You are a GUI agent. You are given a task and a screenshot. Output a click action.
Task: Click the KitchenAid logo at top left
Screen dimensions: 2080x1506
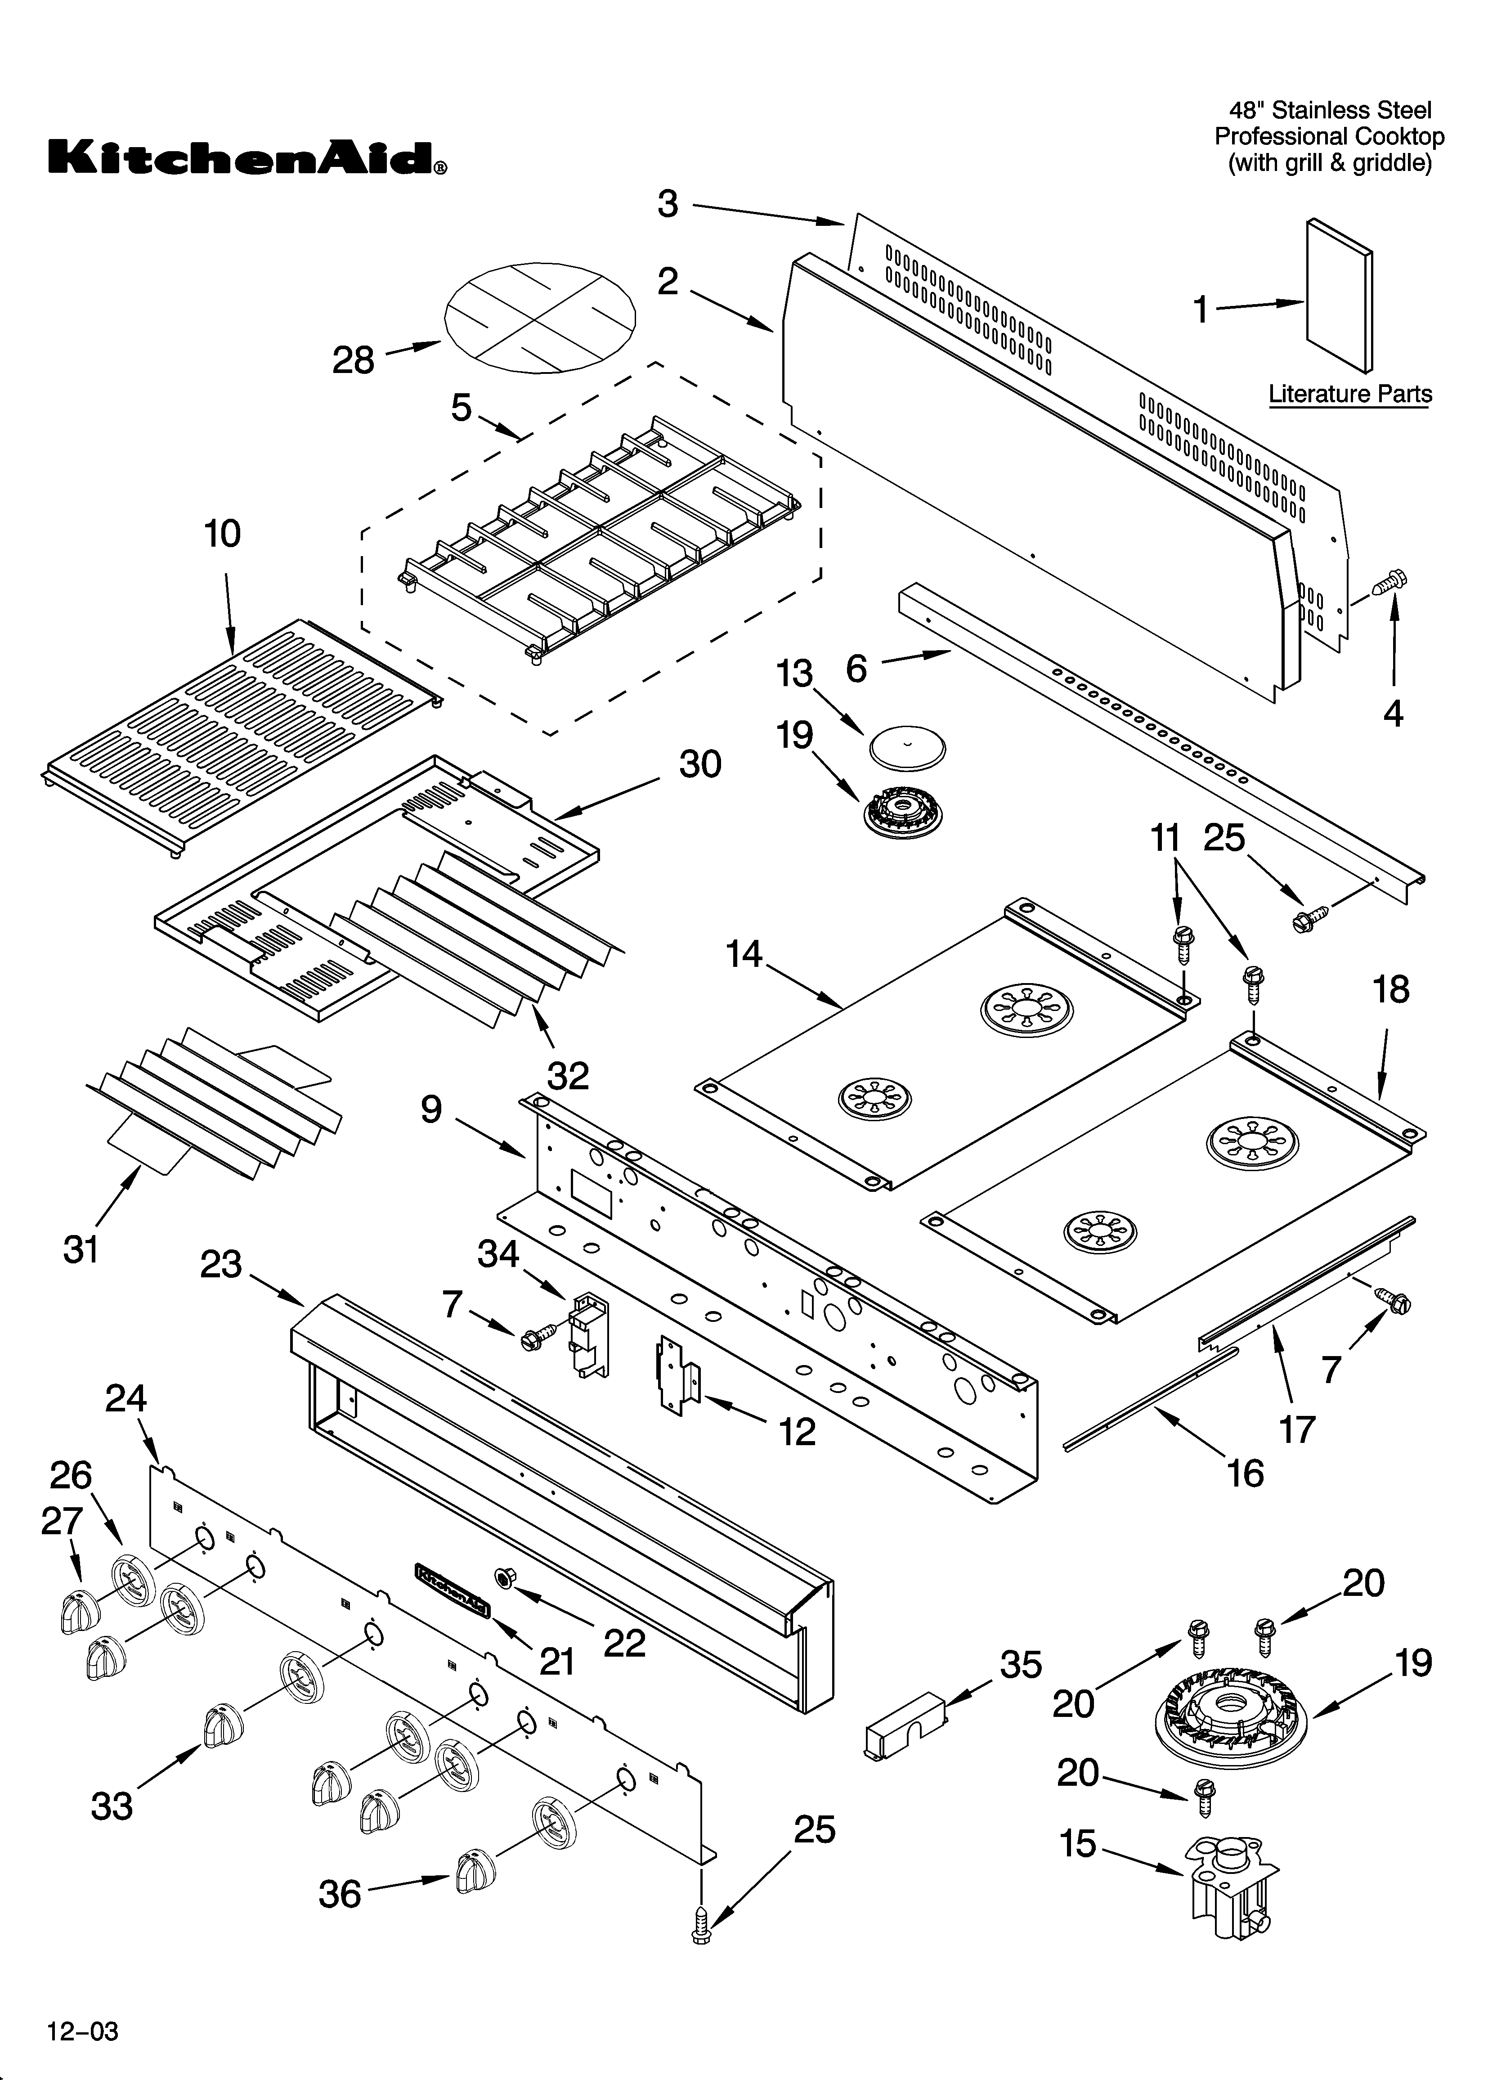248,158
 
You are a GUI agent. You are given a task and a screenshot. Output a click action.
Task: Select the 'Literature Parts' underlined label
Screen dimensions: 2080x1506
1349,394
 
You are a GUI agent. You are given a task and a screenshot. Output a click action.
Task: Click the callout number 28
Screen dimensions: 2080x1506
353,360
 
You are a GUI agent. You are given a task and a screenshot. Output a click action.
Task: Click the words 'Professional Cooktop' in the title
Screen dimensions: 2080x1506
1329,137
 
